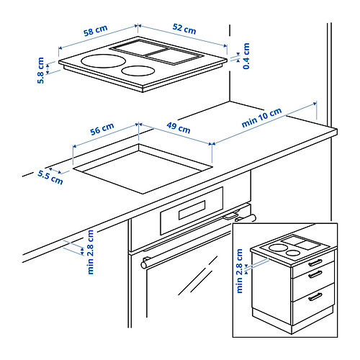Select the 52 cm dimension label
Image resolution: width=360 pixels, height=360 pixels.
[184, 30]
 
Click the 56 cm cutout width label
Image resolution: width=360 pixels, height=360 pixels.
[102, 127]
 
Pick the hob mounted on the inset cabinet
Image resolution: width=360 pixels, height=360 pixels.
[294, 249]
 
